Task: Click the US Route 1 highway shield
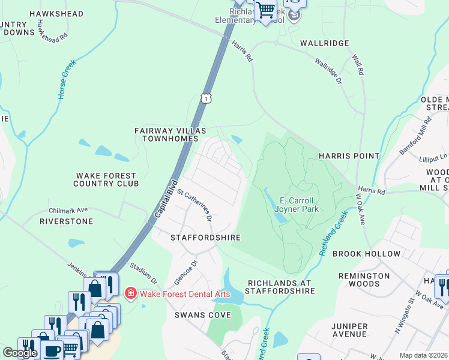[x=206, y=98]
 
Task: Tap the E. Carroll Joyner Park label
[x=298, y=205]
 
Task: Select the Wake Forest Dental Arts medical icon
[x=130, y=293]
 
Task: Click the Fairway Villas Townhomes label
[x=170, y=134]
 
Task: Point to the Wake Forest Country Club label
[x=106, y=179]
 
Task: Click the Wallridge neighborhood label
[x=324, y=43]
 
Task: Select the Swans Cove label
[x=199, y=314]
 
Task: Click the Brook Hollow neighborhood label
[x=366, y=254]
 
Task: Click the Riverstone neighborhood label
[x=66, y=221]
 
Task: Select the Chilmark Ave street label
[x=68, y=211]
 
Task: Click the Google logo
[x=20, y=353]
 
